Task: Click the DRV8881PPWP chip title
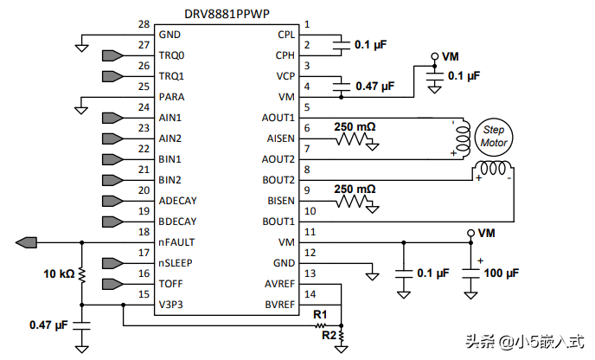[x=227, y=15]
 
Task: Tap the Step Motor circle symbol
[x=494, y=135]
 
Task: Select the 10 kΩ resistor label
[x=58, y=274]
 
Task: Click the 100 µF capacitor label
[x=501, y=273]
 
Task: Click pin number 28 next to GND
[x=144, y=24]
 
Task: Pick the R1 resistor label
[x=321, y=313]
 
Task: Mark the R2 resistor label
[x=329, y=334]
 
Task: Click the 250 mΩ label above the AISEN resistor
[x=355, y=126]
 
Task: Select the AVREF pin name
[x=278, y=285]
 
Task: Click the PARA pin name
[x=171, y=97]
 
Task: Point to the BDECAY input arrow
[x=113, y=222]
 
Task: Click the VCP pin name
[x=285, y=76]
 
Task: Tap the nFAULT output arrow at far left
[x=25, y=241]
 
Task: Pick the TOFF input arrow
[x=113, y=284]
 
